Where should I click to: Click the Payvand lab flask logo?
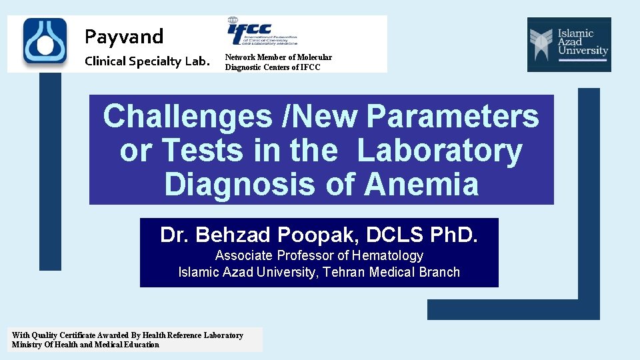pyautogui.click(x=45, y=42)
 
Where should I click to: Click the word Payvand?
pyautogui.click(x=124, y=35)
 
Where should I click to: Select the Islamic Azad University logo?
pyautogui.click(x=569, y=44)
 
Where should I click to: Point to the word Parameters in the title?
pyautogui.click(x=453, y=117)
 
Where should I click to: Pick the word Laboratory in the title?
pyautogui.click(x=440, y=151)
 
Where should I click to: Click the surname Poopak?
pyautogui.click(x=307, y=235)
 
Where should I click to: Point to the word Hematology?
pyautogui.click(x=388, y=255)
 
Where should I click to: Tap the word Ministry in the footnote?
pyautogui.click(x=27, y=345)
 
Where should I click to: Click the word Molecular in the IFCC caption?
pyautogui.click(x=315, y=57)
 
